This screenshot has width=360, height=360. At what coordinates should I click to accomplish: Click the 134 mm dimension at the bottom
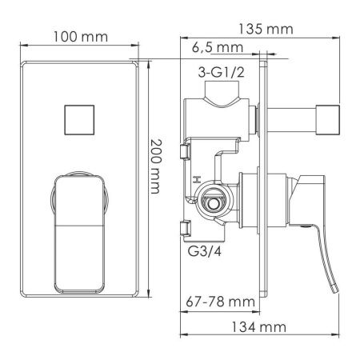click(x=264, y=326)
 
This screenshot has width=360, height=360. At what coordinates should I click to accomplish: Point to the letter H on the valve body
click(x=196, y=179)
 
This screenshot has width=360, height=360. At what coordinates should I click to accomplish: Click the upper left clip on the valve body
click(x=185, y=151)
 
